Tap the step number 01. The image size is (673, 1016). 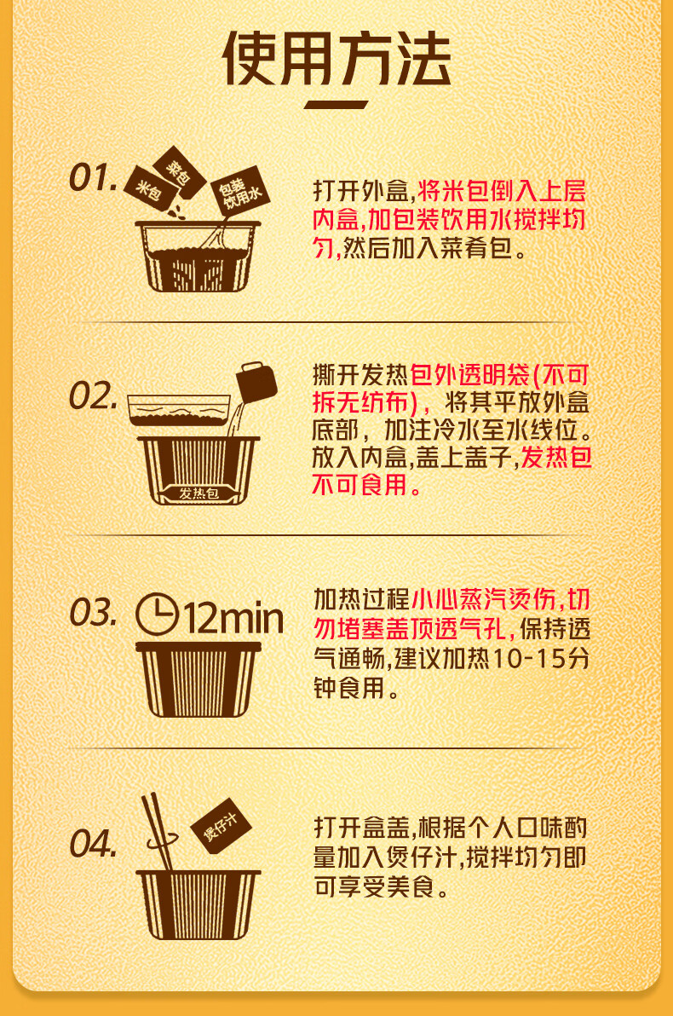point(92,179)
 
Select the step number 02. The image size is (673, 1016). point(92,396)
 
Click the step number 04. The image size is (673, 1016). point(92,845)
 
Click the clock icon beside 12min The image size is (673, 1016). point(157,615)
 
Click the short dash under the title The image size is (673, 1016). point(336,106)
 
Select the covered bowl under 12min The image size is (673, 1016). point(197,678)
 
